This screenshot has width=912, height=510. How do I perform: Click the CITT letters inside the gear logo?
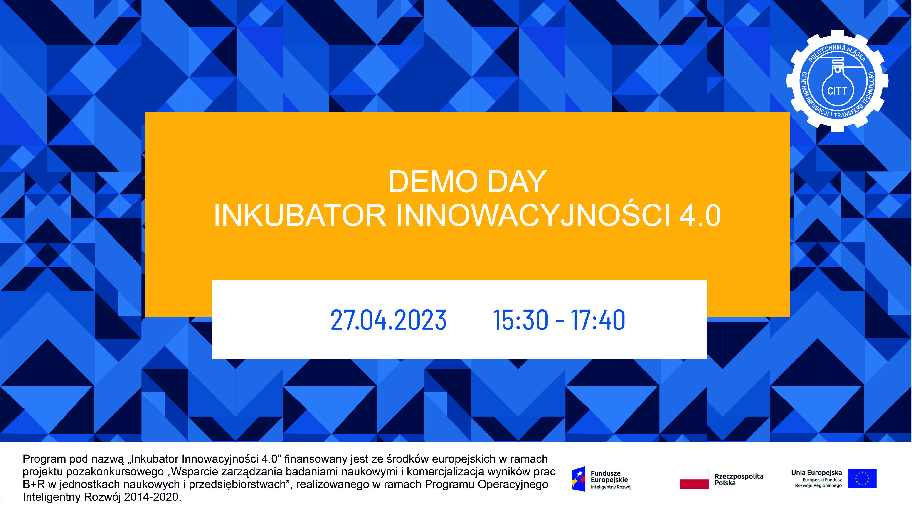coord(837,91)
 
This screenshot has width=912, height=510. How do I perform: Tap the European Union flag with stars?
coord(862,478)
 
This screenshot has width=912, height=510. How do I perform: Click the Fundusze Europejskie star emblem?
coord(579,479)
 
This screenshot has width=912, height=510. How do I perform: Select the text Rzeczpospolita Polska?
coord(739,480)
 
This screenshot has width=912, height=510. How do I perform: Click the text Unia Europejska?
coord(816,473)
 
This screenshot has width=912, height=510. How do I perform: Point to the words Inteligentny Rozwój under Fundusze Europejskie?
coord(611,487)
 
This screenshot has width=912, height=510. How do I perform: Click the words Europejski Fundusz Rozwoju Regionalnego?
coord(818,483)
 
